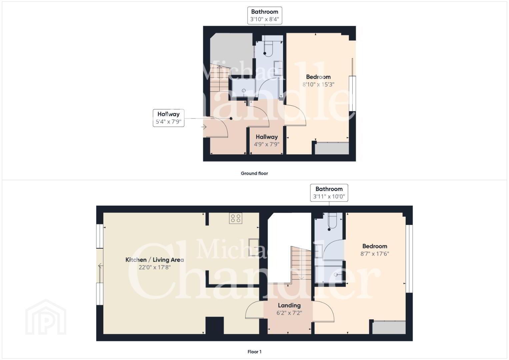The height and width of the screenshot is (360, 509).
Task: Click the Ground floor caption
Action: (x=254, y=173)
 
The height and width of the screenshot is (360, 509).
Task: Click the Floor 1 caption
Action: (x=254, y=352)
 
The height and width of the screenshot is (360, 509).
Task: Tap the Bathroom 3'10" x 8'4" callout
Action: (x=265, y=15)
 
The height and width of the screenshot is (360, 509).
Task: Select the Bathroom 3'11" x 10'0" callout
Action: (x=329, y=193)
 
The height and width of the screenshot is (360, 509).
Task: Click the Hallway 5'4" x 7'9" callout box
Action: (x=168, y=118)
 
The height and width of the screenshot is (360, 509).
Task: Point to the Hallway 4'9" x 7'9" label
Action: (x=267, y=140)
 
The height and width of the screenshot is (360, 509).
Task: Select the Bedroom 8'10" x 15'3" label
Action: (x=318, y=81)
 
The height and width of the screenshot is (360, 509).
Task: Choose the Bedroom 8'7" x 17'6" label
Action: (x=375, y=250)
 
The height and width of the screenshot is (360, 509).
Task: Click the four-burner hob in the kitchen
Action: (x=236, y=218)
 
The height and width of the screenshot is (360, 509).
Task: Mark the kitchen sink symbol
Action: (x=254, y=247)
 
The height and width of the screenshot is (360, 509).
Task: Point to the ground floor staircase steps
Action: (x=219, y=78)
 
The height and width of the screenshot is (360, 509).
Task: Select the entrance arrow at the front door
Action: (x=204, y=127)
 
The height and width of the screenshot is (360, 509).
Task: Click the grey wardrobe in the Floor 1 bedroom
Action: (x=389, y=327)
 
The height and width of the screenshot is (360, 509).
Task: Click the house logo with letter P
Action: (x=46, y=317)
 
